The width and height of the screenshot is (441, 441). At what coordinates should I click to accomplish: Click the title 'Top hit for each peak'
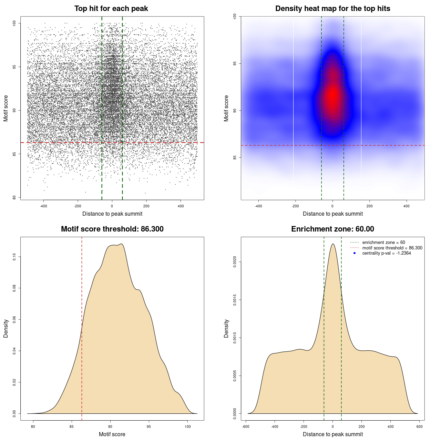(111, 9)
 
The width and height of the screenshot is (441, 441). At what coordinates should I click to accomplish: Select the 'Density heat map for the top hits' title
(332, 9)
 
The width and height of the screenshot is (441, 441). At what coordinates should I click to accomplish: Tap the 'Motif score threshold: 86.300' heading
(112, 229)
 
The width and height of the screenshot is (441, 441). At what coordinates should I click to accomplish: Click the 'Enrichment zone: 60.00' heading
(332, 229)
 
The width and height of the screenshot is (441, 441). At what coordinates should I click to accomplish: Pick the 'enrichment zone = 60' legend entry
(383, 243)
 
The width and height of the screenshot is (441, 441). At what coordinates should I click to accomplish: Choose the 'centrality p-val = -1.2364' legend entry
(386, 253)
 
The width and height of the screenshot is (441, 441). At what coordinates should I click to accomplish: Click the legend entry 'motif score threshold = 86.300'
(392, 248)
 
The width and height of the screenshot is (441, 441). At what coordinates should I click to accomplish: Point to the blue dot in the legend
(355, 253)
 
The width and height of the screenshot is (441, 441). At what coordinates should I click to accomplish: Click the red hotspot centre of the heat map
(333, 96)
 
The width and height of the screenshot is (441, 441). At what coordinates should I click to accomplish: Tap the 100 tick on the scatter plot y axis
(14, 23)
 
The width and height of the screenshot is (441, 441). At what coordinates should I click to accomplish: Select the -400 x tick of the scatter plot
(43, 206)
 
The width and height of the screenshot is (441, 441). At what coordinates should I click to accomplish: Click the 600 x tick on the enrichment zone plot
(419, 427)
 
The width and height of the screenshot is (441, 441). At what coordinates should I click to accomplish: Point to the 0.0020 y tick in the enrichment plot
(235, 262)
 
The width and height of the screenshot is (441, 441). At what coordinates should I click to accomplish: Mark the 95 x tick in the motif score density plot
(149, 427)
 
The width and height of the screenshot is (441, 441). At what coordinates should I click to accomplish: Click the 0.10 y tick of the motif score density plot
(14, 257)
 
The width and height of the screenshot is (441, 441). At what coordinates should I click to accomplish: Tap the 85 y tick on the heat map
(235, 157)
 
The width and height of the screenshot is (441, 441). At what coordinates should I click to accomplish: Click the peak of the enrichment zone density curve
(333, 244)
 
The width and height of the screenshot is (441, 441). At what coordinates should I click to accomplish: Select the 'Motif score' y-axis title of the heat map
(226, 108)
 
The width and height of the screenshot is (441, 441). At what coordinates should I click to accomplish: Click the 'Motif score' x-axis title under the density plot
(112, 434)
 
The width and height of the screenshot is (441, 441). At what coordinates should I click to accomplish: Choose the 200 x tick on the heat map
(369, 206)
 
